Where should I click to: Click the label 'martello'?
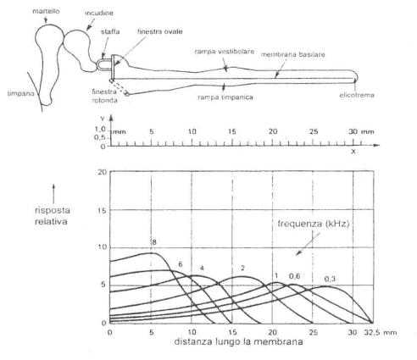point(46,11)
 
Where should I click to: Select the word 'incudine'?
point(99,13)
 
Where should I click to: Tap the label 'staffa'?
point(110,31)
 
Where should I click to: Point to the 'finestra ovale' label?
point(160,31)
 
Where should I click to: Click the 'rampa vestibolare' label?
point(225,52)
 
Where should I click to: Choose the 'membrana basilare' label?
point(292,54)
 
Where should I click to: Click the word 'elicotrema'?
point(357,95)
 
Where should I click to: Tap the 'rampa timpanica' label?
point(225,97)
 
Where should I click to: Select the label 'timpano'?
point(20,93)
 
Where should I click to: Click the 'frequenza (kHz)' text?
point(314,224)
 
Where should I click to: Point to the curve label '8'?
point(154,242)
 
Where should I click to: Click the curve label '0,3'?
point(330,279)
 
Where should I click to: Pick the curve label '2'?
point(242,268)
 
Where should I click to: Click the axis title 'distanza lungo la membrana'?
point(238,341)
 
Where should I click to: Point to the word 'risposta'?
point(53,210)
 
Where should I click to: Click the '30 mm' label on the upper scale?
point(361,131)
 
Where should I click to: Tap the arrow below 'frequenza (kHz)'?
point(308,244)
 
